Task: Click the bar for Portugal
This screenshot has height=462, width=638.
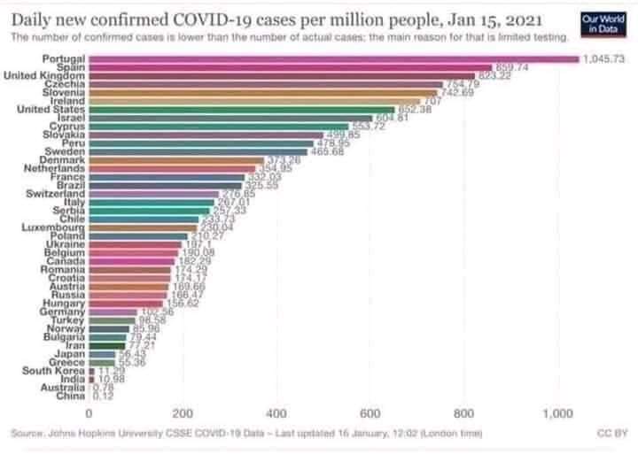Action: [x=332, y=58]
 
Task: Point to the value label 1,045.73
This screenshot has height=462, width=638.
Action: [x=604, y=58]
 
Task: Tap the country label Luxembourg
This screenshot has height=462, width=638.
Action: [x=53, y=227]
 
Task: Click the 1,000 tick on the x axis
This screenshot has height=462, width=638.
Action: [x=558, y=412]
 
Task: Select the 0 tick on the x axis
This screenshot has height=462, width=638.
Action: [x=89, y=412]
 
